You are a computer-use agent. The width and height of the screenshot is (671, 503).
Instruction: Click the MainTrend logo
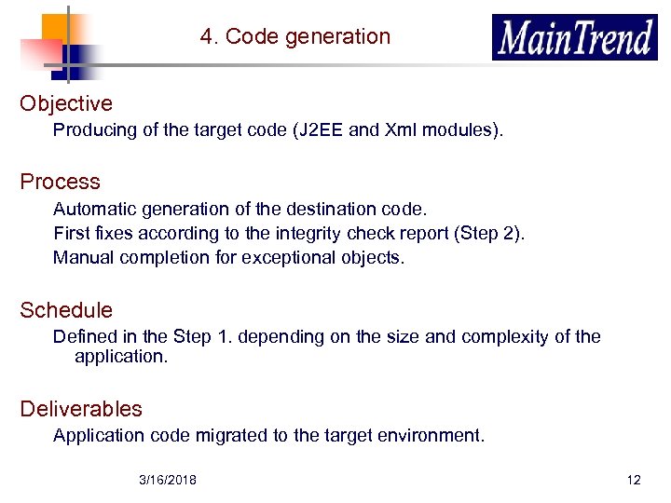(575, 38)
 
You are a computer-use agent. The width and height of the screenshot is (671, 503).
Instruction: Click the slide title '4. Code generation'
(294, 37)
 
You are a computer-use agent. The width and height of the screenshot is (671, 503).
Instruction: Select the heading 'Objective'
(66, 103)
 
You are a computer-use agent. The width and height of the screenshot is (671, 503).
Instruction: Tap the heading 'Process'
(60, 182)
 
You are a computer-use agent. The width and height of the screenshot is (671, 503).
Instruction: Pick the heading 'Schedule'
(66, 310)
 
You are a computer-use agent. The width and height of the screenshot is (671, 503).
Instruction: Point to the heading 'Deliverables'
(81, 409)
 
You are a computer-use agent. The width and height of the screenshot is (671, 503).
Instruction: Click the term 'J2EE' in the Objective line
(320, 130)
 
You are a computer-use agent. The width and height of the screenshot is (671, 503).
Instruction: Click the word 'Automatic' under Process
(90, 209)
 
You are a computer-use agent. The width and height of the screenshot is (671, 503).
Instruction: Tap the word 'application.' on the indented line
(121, 356)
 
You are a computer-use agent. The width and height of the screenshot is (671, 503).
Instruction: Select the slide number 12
(634, 480)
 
